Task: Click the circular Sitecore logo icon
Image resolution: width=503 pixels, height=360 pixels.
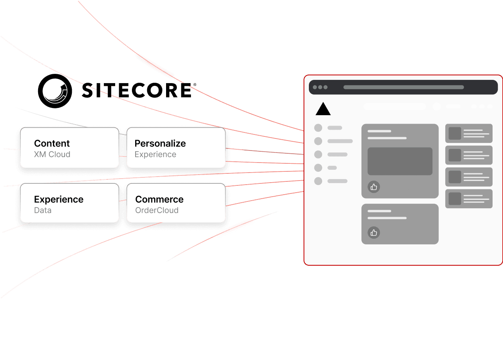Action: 55,91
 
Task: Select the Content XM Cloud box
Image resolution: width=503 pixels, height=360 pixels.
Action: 69,148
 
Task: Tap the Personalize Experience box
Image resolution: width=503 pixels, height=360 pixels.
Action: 176,148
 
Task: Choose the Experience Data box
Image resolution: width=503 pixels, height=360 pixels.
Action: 69,203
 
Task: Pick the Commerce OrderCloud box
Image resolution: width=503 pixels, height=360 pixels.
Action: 176,203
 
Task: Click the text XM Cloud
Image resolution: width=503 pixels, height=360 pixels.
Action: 52,155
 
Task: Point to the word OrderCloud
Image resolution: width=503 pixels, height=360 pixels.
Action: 157,210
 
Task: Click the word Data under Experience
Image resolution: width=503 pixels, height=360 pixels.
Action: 43,210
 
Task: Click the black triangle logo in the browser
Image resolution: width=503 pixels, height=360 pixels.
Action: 323,109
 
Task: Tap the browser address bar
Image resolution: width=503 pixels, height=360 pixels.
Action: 404,87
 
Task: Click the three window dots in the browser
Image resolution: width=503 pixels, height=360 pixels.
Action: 320,87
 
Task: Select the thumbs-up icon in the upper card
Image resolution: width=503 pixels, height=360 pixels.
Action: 374,187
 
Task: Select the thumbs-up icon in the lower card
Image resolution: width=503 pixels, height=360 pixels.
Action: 374,232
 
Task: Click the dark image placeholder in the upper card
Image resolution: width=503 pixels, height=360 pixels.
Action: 400,161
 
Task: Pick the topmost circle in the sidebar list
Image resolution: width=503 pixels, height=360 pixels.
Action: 318,128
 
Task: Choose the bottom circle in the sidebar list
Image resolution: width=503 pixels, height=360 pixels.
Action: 318,181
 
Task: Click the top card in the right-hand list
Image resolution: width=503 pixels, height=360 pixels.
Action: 469,133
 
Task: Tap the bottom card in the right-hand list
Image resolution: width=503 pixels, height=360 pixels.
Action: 469,199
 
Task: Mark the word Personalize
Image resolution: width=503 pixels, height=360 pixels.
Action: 160,144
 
